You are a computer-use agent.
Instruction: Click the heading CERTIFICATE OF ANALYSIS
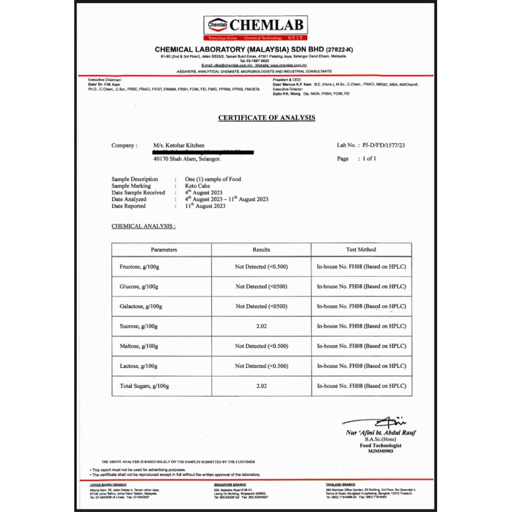tap(266, 118)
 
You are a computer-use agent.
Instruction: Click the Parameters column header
tap(164, 249)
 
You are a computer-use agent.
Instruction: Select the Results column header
tap(261, 249)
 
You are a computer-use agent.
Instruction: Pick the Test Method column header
tap(361, 249)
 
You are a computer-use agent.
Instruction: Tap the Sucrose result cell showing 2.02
tap(261, 326)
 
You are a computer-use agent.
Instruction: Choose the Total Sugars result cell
tap(261, 386)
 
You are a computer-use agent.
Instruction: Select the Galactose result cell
tap(261, 307)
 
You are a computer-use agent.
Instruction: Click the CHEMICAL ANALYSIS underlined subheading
tap(144, 226)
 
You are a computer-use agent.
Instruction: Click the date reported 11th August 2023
tap(205, 206)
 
